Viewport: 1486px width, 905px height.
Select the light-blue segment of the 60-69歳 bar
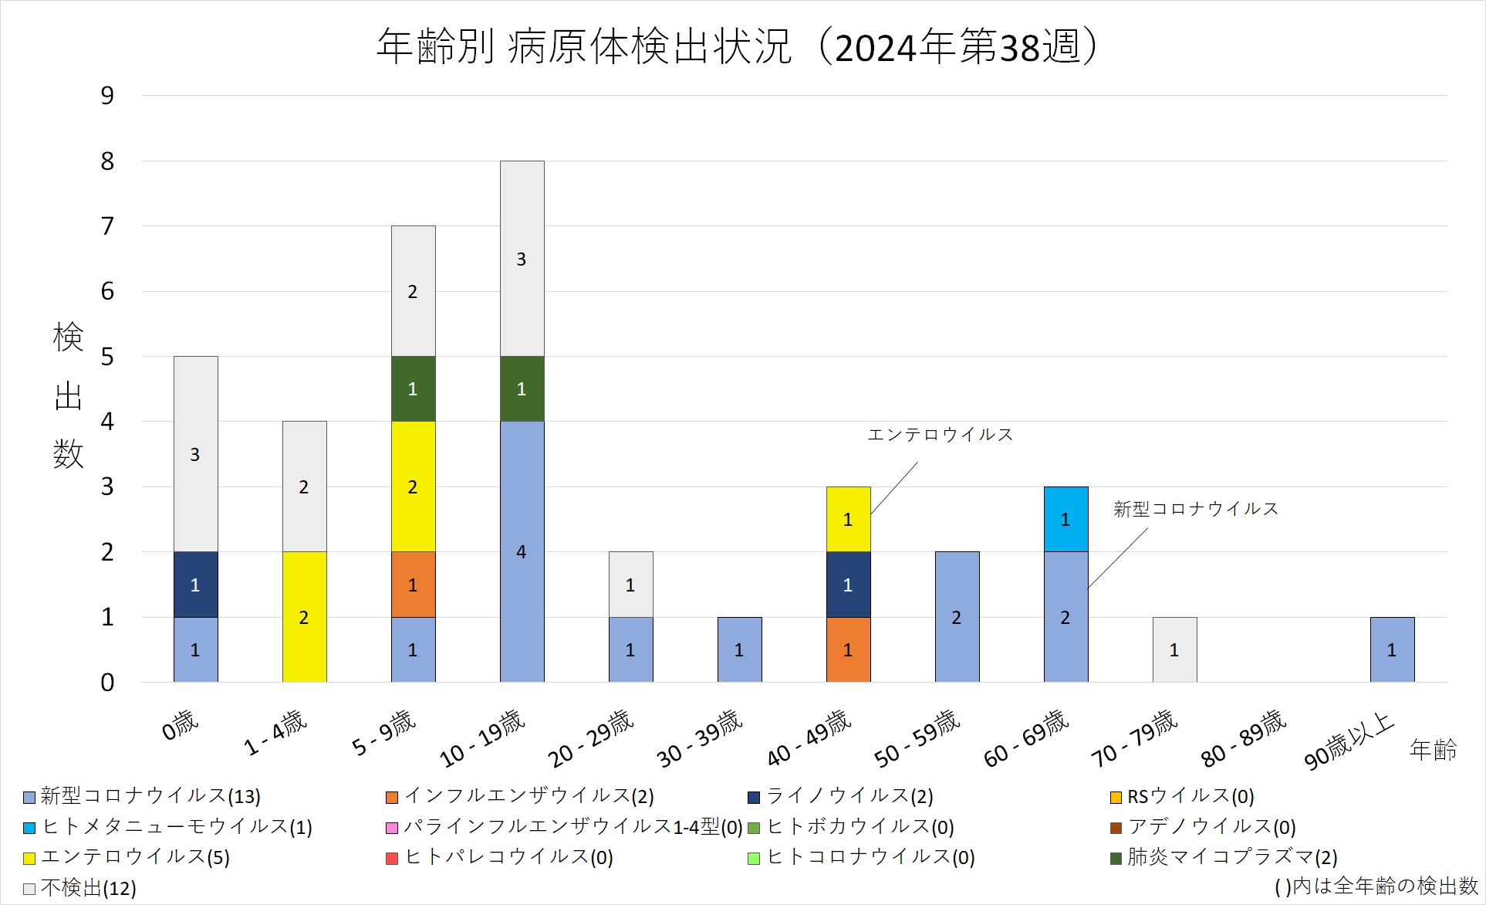click(1066, 519)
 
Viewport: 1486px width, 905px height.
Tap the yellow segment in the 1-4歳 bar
click(304, 616)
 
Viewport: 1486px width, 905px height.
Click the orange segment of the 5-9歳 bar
click(413, 585)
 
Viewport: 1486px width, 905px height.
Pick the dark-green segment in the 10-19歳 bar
click(522, 388)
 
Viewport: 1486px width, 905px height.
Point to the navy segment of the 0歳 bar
click(195, 585)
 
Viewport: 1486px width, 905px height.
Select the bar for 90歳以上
click(1392, 649)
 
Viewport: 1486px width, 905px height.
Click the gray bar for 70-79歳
click(1174, 649)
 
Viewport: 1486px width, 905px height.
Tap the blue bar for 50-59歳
click(957, 616)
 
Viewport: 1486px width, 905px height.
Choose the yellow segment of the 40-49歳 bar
click(848, 519)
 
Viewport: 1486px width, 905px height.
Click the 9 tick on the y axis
click(107, 96)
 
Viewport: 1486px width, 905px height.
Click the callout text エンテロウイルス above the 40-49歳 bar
click(940, 435)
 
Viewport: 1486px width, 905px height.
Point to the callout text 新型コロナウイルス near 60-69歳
click(1195, 509)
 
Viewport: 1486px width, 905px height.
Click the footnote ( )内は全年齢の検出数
click(1376, 886)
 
